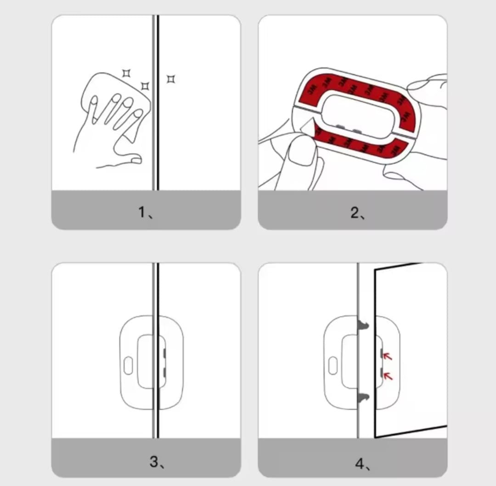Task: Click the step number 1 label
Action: [x=146, y=212]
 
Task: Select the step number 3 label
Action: [x=157, y=462]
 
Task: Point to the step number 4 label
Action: [x=362, y=464]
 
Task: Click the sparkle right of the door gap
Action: [x=171, y=79]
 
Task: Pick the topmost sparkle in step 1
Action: [x=127, y=73]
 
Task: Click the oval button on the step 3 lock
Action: [x=128, y=366]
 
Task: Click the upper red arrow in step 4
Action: [x=387, y=356]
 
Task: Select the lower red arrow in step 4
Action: [x=388, y=376]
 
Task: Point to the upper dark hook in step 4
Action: [x=363, y=325]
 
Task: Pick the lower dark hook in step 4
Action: [x=363, y=399]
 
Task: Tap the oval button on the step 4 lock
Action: [x=333, y=366]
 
